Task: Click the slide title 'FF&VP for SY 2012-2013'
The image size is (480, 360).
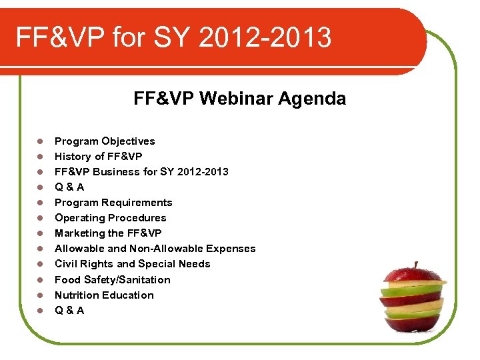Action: pyautogui.click(x=173, y=37)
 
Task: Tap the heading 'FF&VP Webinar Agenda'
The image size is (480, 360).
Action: pyautogui.click(x=239, y=99)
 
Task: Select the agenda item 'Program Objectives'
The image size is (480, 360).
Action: pyautogui.click(x=105, y=141)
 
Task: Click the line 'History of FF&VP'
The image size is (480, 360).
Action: pyautogui.click(x=98, y=157)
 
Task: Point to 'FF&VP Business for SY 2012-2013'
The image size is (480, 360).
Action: pyautogui.click(x=141, y=172)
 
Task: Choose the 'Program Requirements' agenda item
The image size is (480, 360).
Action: pyautogui.click(x=113, y=203)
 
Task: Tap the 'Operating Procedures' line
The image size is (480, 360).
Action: pyautogui.click(x=110, y=218)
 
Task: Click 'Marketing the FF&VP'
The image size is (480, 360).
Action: pyautogui.click(x=108, y=233)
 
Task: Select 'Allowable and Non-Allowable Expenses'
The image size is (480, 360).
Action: pyautogui.click(x=155, y=249)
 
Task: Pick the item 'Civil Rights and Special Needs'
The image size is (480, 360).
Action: pyautogui.click(x=132, y=264)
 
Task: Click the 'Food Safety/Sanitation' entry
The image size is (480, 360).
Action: pyautogui.click(x=112, y=280)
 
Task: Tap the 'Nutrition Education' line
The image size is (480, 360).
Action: pyautogui.click(x=104, y=295)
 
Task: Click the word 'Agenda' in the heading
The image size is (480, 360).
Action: pyautogui.click(x=312, y=99)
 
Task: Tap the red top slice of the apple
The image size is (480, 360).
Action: pyautogui.click(x=413, y=275)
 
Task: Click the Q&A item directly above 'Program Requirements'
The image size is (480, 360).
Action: pyautogui.click(x=69, y=187)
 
